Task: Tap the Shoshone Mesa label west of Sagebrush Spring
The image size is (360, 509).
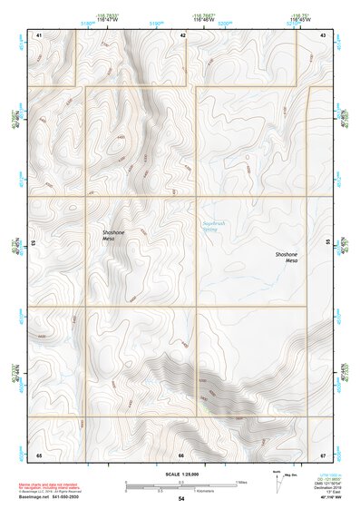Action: pos(114,234)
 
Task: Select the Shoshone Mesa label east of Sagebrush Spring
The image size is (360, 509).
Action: pos(287,257)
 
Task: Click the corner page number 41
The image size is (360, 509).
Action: pos(40,34)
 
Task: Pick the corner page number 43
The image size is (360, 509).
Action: pos(324,34)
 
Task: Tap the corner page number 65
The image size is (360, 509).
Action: pos(40,454)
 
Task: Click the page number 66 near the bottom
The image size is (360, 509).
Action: pos(181,454)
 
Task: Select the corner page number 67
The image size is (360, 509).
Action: pos(324,454)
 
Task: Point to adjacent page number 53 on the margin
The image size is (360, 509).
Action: pos(34,243)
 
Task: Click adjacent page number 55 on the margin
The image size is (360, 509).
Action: pos(329,243)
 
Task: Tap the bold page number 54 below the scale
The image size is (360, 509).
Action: pos(181,499)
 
